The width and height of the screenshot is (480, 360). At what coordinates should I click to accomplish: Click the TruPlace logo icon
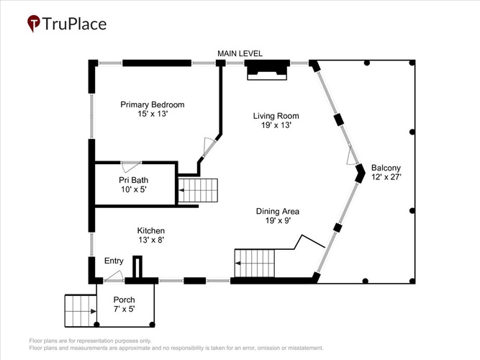point(34,23)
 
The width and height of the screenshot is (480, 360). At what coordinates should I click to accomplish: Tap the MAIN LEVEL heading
point(240,53)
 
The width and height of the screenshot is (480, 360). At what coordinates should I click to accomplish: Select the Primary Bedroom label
point(152,105)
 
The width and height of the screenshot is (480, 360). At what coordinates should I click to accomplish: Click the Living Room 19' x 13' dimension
point(276,125)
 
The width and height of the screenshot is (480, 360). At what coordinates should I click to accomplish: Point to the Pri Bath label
point(133,180)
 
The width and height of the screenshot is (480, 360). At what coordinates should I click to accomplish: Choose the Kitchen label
point(151,230)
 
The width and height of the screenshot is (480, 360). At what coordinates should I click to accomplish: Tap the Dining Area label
point(278,212)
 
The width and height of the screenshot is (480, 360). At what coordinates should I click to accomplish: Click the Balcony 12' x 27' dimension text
point(386,177)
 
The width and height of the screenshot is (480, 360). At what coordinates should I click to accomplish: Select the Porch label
point(124,300)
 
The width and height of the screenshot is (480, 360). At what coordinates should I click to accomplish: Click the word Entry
point(114,261)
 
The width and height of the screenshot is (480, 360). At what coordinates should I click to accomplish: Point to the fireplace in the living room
point(267,70)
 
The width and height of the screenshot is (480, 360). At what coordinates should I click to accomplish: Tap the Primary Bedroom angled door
point(209,147)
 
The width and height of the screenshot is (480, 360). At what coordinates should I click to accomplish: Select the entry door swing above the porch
point(114,276)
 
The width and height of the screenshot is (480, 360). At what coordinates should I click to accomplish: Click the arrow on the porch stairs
point(94,311)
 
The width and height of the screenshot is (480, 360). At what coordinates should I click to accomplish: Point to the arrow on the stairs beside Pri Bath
point(182,190)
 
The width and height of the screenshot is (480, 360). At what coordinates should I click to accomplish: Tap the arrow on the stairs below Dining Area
point(238,264)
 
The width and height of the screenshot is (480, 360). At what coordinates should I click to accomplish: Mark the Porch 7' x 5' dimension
point(124,309)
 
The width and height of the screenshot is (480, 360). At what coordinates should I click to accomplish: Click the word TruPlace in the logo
point(74,24)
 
